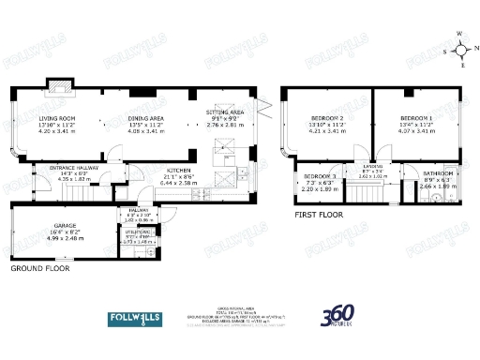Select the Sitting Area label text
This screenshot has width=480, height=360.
coord(225,112)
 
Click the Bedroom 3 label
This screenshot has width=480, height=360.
coord(322,176)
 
